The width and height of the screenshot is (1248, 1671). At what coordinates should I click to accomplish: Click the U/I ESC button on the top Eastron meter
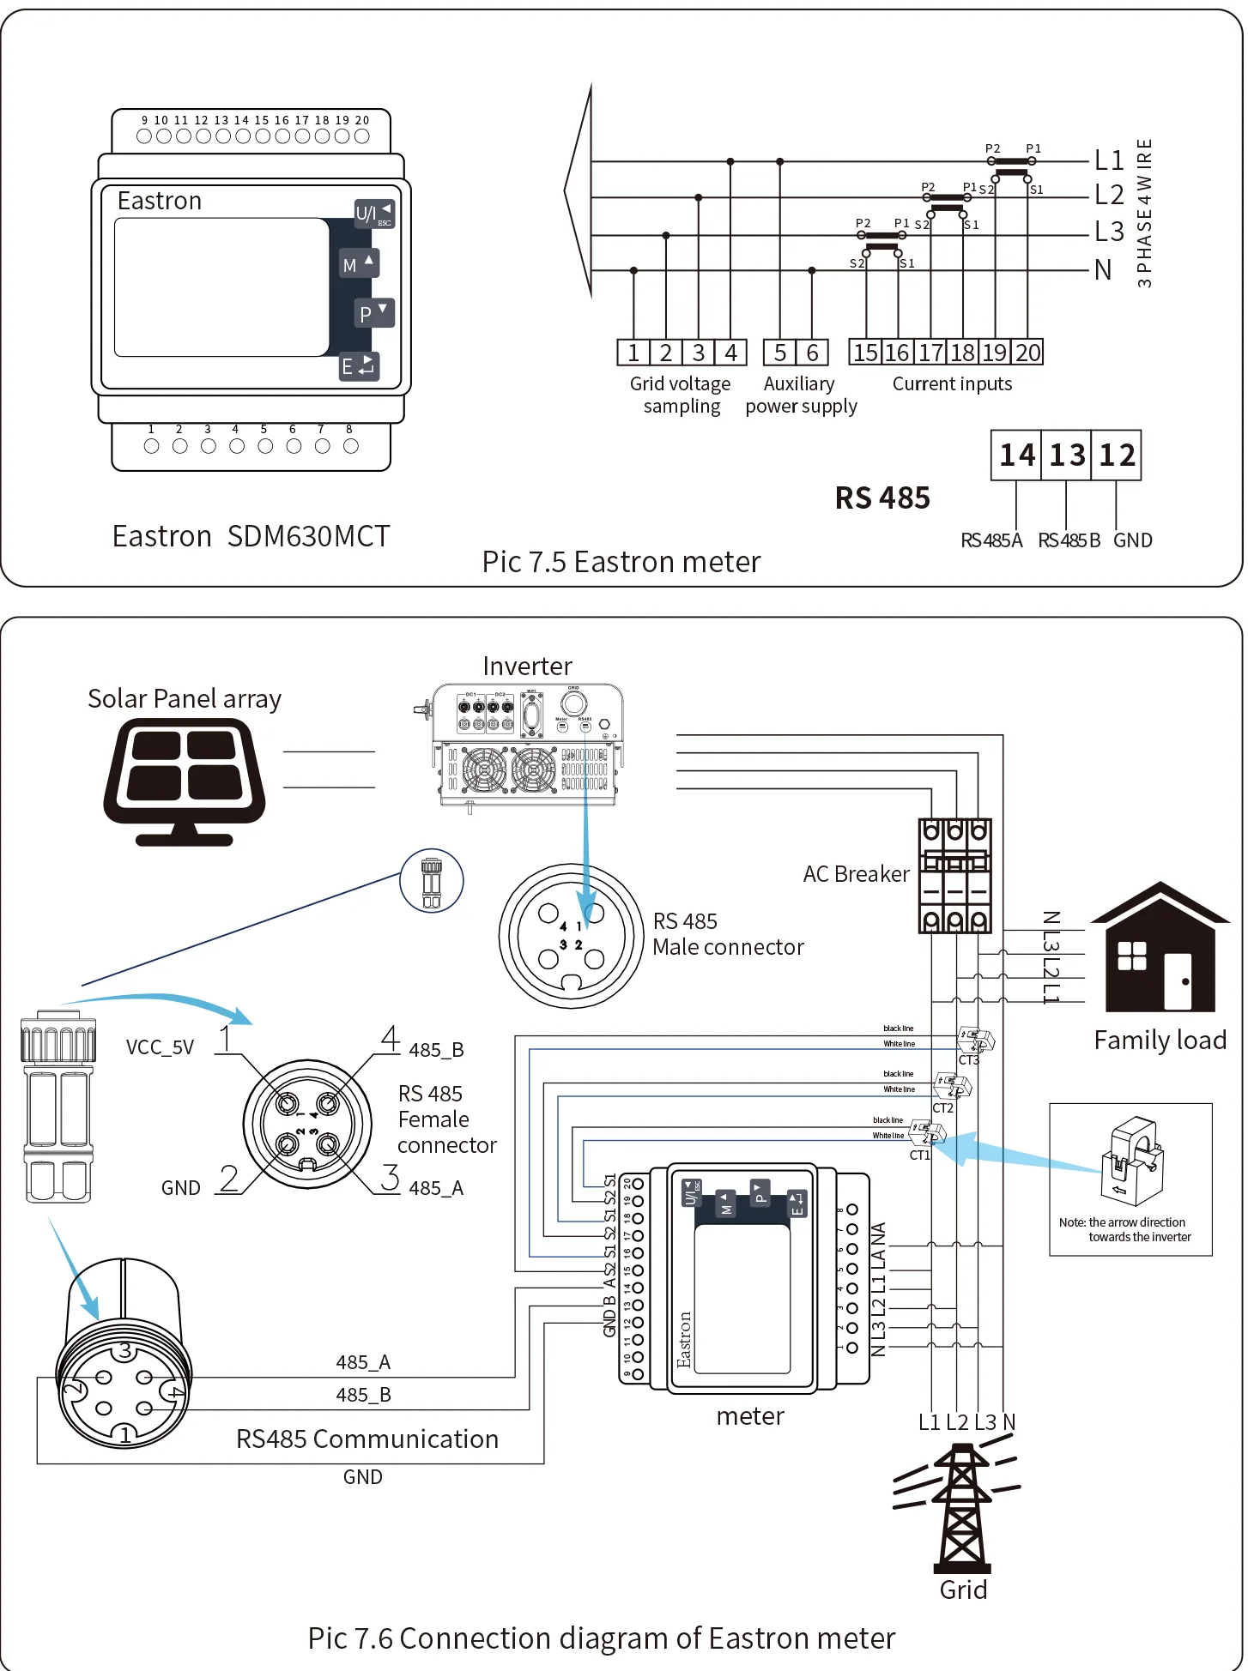pyautogui.click(x=374, y=214)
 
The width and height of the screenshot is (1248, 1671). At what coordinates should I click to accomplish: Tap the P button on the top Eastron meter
pyautogui.click(x=374, y=313)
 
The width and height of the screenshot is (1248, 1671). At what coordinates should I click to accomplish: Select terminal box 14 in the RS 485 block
pyautogui.click(x=1016, y=455)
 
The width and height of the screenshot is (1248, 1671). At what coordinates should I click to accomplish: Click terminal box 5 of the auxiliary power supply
pyautogui.click(x=779, y=353)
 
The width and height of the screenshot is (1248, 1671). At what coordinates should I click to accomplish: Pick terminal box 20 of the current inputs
pyautogui.click(x=1027, y=353)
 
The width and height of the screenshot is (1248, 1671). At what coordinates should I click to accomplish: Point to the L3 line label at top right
pyautogui.click(x=1109, y=232)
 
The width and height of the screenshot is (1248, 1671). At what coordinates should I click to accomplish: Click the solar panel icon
pyautogui.click(x=185, y=781)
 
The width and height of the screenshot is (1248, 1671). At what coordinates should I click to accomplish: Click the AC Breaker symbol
pyautogui.click(x=954, y=876)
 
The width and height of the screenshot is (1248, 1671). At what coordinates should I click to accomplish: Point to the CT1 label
pyautogui.click(x=919, y=1155)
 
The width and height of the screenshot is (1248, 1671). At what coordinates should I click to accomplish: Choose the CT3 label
pyautogui.click(x=968, y=1060)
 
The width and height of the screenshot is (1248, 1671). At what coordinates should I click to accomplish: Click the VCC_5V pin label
pyautogui.click(x=160, y=1047)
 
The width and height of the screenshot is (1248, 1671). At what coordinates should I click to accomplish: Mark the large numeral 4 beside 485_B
pyautogui.click(x=391, y=1038)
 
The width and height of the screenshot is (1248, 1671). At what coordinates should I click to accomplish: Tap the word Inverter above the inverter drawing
pyautogui.click(x=527, y=667)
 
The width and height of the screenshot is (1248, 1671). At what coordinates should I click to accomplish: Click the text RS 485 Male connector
pyautogui.click(x=727, y=934)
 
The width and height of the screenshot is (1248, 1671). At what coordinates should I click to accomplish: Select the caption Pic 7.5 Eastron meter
pyautogui.click(x=621, y=562)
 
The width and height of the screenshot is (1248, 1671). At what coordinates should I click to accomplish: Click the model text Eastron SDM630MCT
pyautogui.click(x=251, y=536)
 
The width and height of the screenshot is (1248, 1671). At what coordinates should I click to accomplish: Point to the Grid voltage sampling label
pyautogui.click(x=681, y=395)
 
